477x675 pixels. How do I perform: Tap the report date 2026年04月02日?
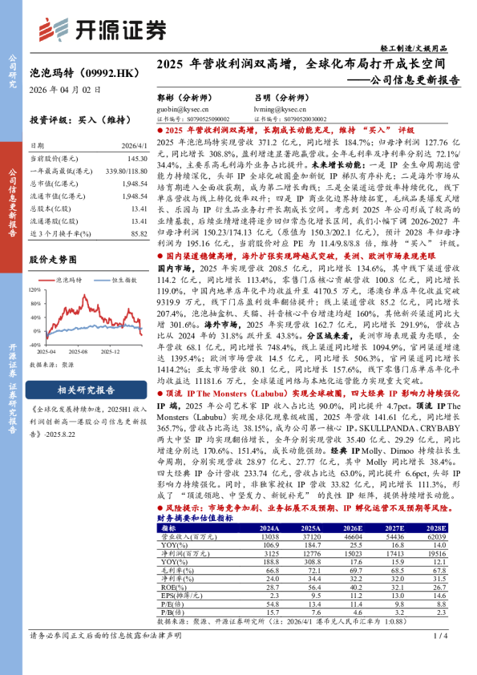click(66, 89)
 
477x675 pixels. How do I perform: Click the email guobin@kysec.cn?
click(176, 108)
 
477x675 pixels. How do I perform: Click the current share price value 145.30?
click(134, 159)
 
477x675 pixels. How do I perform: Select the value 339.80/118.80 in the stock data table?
click(123, 171)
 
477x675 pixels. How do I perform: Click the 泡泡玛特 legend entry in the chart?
click(70, 279)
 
